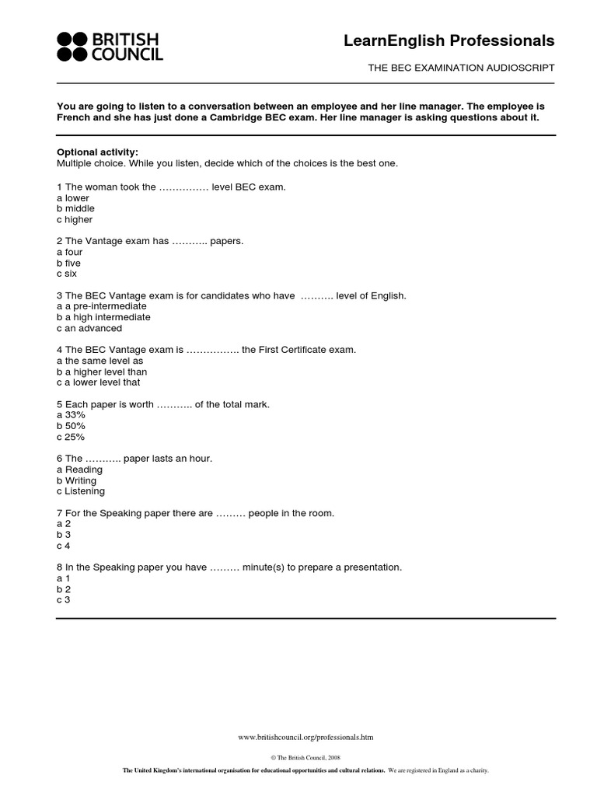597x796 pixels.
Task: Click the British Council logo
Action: (110, 47)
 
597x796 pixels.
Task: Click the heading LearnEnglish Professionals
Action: (449, 40)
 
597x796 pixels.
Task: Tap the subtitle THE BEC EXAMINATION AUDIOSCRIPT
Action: (461, 68)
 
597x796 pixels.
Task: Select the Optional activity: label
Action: (97, 152)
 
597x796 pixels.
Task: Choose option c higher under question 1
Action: (75, 220)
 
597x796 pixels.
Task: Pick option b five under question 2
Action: (68, 264)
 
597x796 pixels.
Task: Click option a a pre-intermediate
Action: (102, 307)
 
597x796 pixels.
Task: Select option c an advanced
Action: (89, 329)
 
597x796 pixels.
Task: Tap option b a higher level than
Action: (102, 372)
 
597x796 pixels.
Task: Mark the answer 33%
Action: (71, 416)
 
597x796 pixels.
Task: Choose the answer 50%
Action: (71, 427)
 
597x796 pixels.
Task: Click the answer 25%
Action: (71, 438)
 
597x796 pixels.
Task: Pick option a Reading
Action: (79, 470)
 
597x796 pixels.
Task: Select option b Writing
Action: (77, 481)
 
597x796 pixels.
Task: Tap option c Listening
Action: (81, 492)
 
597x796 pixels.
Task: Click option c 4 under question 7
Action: (64, 546)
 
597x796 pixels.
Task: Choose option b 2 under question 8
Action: (64, 590)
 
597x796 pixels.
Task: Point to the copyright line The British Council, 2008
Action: (305, 756)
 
